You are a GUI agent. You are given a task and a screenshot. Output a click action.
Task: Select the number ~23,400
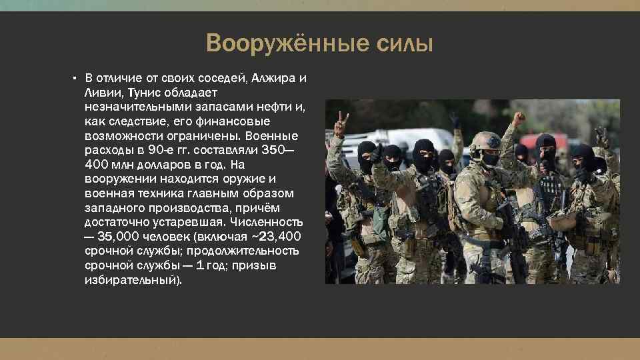click(274, 237)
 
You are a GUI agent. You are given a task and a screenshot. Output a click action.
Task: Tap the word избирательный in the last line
click(133, 280)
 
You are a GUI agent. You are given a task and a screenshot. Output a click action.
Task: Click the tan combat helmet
click(485, 140)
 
